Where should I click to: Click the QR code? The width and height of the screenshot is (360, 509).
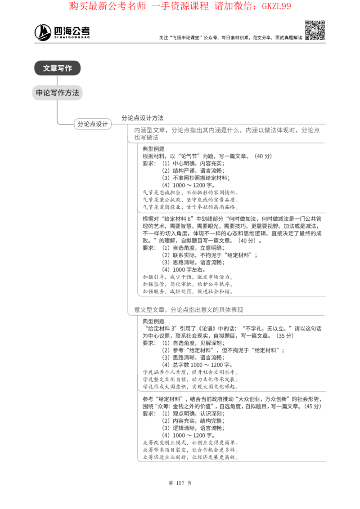click(315, 30)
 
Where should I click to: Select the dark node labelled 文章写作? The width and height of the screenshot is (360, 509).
click(57, 68)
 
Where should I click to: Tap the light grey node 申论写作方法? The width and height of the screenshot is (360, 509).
click(57, 93)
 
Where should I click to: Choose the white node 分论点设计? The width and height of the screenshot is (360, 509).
click(93, 124)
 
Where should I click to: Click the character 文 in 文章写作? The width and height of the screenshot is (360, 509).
click(47, 68)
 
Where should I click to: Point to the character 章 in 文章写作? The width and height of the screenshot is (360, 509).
click(54, 68)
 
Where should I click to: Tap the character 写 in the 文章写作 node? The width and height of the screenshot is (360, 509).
click(61, 68)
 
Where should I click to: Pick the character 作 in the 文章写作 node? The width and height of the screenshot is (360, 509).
click(68, 68)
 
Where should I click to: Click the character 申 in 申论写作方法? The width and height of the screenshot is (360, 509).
click(39, 93)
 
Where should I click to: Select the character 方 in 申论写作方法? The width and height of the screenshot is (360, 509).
click(68, 93)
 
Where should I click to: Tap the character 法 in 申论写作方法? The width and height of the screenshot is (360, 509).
click(75, 93)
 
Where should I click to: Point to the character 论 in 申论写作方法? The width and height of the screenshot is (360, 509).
click(46, 93)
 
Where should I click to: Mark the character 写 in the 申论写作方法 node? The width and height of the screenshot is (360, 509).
click(54, 93)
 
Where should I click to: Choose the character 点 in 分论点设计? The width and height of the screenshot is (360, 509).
click(93, 124)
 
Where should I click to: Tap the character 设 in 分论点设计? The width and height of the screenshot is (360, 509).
click(99, 124)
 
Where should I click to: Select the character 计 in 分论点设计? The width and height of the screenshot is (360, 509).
click(105, 124)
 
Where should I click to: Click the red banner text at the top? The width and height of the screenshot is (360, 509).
click(180, 6)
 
